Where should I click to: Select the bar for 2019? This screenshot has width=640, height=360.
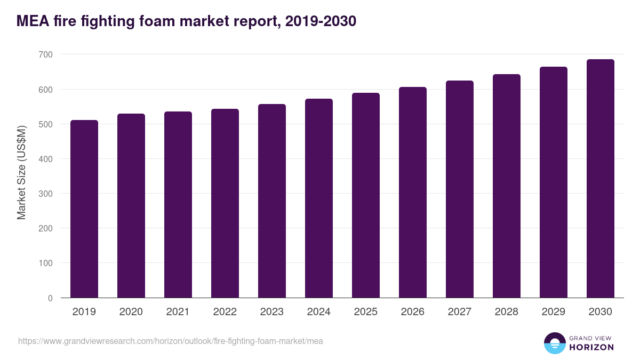tap(84, 209)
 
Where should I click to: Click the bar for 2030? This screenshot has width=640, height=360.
tap(600, 179)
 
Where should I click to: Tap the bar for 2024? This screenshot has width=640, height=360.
tap(319, 198)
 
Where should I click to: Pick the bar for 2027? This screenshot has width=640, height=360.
tap(460, 189)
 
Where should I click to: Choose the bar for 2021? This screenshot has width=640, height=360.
tap(178, 205)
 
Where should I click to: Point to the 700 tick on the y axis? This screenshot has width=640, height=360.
tap(46, 54)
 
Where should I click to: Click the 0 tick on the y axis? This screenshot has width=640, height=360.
tap(50, 298)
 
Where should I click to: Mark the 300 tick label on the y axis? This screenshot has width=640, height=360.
tap(46, 194)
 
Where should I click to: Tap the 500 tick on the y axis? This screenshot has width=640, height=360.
tap(46, 124)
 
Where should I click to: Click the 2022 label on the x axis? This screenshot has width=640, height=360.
tap(225, 312)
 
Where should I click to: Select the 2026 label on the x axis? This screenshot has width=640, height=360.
tap(413, 312)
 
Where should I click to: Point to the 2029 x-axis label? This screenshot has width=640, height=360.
tap(553, 312)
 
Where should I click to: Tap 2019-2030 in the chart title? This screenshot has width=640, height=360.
tap(321, 21)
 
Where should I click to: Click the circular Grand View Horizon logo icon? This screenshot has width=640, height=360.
tap(555, 343)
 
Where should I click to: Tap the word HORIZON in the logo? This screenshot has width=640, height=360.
tap(591, 347)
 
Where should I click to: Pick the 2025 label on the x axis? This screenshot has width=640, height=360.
tap(366, 312)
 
